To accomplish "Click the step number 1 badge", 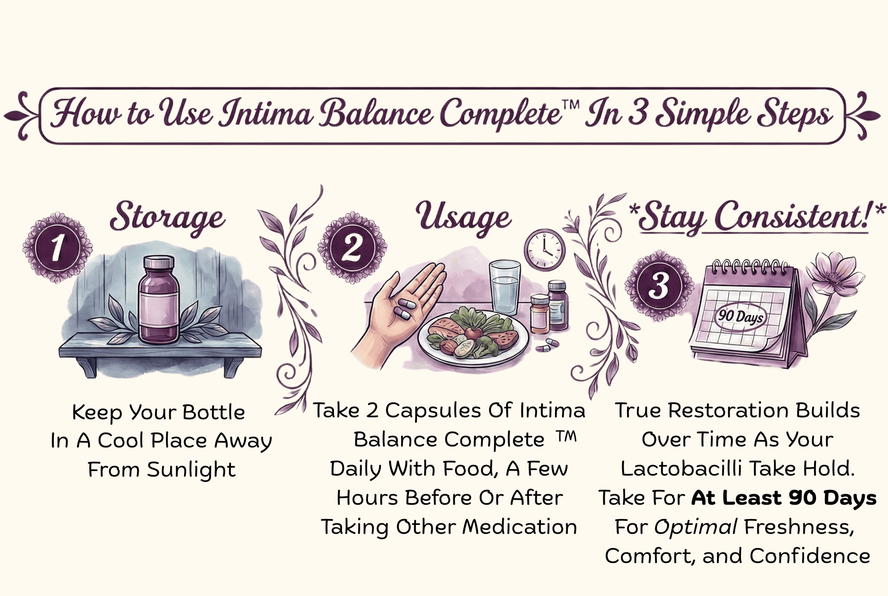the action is [x=57, y=247].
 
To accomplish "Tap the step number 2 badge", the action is [x=352, y=247].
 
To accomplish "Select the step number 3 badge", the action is [x=660, y=285].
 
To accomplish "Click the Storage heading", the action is [x=168, y=217].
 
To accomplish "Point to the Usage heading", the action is [x=463, y=217].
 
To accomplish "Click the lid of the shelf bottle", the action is [x=158, y=263].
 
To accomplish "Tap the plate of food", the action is [x=473, y=335].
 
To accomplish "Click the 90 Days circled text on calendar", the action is [x=740, y=315].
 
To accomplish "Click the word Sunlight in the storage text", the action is [x=191, y=470].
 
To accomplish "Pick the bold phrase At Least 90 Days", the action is [x=784, y=498].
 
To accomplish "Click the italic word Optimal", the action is [x=696, y=527].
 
